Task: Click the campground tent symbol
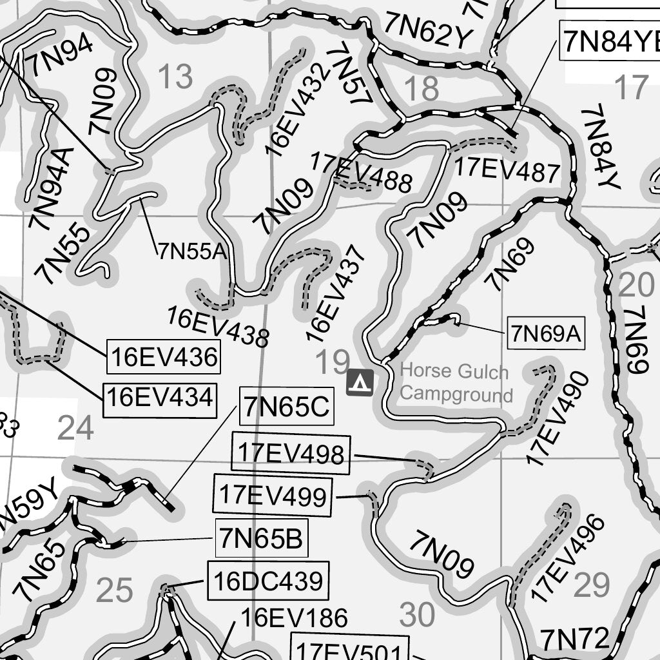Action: pyautogui.click(x=360, y=382)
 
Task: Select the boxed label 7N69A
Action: pyautogui.click(x=546, y=334)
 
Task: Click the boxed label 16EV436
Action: pyautogui.click(x=164, y=356)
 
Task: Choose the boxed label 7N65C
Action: pyautogui.click(x=286, y=407)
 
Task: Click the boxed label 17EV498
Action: pyautogui.click(x=291, y=454)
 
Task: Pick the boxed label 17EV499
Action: pyautogui.click(x=273, y=496)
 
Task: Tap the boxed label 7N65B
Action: pyautogui.click(x=261, y=538)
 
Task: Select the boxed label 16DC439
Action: pyautogui.click(x=267, y=581)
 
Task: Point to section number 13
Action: pyautogui.click(x=175, y=78)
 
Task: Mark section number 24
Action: pyautogui.click(x=75, y=428)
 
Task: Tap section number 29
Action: pyautogui.click(x=591, y=585)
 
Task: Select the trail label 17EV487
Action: pyautogui.click(x=507, y=170)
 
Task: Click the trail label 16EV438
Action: pyautogui.click(x=217, y=325)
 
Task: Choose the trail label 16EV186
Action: pyautogui.click(x=294, y=618)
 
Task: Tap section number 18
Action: pyautogui.click(x=423, y=88)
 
